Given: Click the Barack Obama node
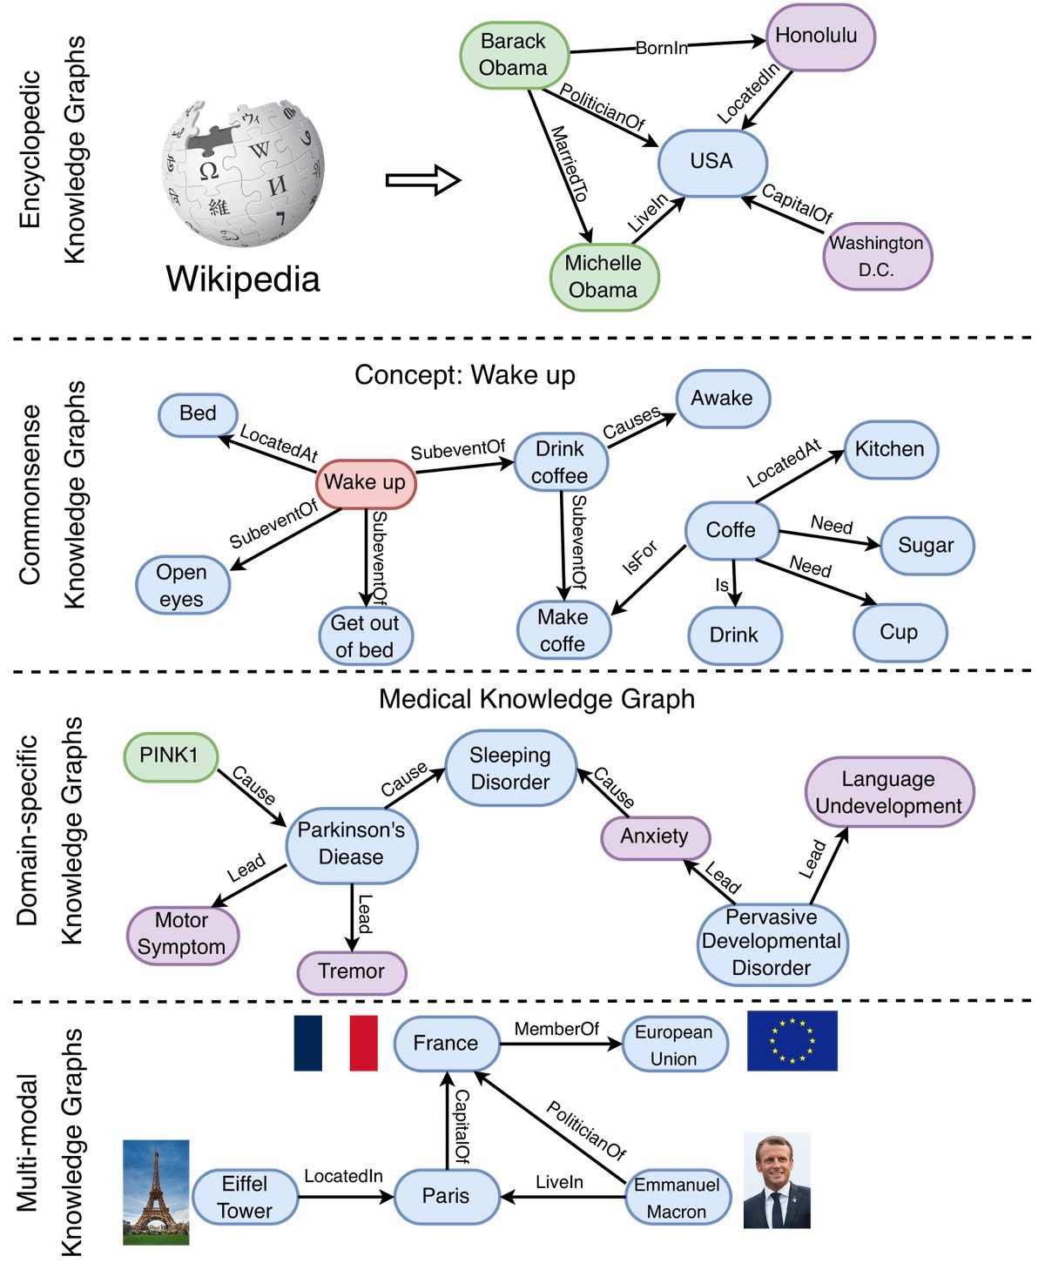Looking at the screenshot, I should pos(514,55).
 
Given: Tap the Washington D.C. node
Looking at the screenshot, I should pos(877,256).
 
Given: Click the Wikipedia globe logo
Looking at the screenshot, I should pos(243,172).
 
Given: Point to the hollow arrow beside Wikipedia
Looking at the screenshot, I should pos(422,180).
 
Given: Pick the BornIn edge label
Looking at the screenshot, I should pos(662,48).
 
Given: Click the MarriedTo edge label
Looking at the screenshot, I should pos(568,164).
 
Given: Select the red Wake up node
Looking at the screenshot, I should pos(366,482).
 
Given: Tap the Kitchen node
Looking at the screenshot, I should pos(889,449).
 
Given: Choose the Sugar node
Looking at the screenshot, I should pos(926,546).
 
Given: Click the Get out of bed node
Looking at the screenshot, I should pos(365,636).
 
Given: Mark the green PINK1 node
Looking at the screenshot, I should pos(170,756).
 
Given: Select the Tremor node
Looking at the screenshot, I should pos(352,971).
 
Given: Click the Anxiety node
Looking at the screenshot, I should pos(655,836).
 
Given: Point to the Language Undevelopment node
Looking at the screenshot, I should pos(888,792).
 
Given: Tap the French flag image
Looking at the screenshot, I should pos(336,1042).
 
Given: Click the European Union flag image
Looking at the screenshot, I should pos(792,1040).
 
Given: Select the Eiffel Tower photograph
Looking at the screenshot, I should pos(156,1192).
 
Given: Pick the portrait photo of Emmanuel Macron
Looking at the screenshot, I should pos(777,1181).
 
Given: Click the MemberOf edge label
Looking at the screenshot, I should pos(556,1029).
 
